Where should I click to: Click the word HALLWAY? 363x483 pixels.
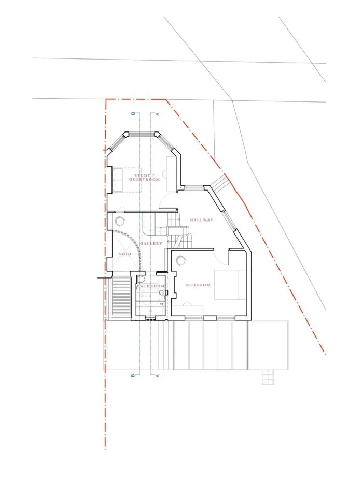(x=202, y=220)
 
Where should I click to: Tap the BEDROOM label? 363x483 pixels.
(x=198, y=285)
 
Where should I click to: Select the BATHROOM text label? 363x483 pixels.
(x=151, y=286)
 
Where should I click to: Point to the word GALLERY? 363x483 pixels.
(x=151, y=244)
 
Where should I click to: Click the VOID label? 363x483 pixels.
(x=125, y=254)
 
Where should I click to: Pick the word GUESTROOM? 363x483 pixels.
(x=145, y=179)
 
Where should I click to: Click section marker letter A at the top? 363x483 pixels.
(x=158, y=114)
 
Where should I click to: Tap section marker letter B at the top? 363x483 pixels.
(x=133, y=114)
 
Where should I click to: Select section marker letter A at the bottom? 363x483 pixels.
(x=158, y=376)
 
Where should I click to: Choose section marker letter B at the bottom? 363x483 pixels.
(x=133, y=376)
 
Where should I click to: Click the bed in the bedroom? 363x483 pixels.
(x=230, y=285)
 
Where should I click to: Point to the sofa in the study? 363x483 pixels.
(x=118, y=180)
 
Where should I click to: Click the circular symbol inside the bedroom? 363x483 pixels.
(x=180, y=261)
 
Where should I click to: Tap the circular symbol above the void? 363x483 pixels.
(x=120, y=221)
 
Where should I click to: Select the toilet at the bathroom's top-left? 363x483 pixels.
(x=141, y=280)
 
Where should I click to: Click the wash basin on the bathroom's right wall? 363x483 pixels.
(x=162, y=292)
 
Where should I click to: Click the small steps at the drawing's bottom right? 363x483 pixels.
(x=268, y=377)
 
